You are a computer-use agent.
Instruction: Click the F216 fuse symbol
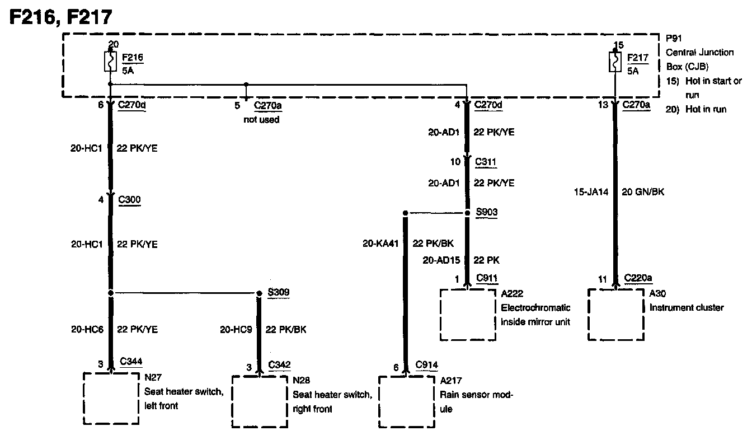(110, 63)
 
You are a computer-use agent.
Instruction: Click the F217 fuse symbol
(615, 63)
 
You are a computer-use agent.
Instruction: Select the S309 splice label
(279, 293)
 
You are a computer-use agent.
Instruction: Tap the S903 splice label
(486, 213)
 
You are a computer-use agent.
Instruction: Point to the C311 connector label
(485, 162)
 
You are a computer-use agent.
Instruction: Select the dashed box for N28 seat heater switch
(259, 401)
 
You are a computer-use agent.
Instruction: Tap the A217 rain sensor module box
(407, 401)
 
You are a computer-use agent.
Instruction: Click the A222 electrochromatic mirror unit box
(468, 314)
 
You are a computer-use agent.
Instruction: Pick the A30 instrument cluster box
(615, 313)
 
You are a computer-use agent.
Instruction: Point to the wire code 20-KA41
(380, 244)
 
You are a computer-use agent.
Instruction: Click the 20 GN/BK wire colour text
(643, 191)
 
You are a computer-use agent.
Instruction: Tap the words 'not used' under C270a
(261, 120)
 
